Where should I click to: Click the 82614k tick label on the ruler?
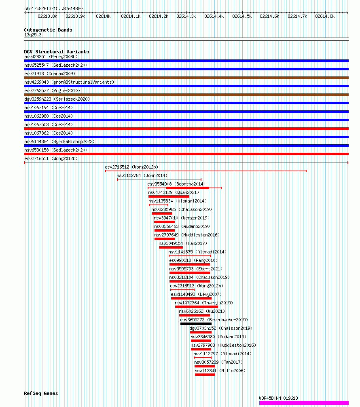pyautogui.click(x=103, y=16)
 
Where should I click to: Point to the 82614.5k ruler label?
pyautogui.click(x=242, y=16)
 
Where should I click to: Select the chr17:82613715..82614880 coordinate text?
pyautogui.click(x=53, y=8)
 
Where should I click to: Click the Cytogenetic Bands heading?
pyautogui.click(x=48, y=30)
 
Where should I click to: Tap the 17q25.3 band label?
pyautogui.click(x=33, y=35)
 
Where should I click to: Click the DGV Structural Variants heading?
pyautogui.click(x=56, y=52)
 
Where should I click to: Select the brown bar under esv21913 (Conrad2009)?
pyautogui.click(x=186, y=78)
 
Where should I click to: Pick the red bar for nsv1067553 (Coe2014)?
pyautogui.click(x=186, y=129)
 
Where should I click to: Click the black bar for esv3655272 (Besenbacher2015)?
pyautogui.click(x=196, y=324)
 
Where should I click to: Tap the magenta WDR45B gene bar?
pyautogui.click(x=304, y=403)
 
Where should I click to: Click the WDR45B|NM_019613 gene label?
pyautogui.click(x=278, y=398)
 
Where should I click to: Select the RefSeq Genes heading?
pyautogui.click(x=41, y=393)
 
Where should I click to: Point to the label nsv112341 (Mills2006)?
pyautogui.click(x=220, y=371)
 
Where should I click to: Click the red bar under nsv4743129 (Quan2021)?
pyautogui.click(x=169, y=196)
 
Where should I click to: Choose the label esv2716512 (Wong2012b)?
pyautogui.click(x=131, y=167)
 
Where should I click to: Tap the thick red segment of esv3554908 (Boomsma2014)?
pyautogui.click(x=188, y=188)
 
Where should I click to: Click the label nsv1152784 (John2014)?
pyautogui.click(x=142, y=175)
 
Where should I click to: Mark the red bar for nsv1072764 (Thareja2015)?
pyautogui.click(x=196, y=307)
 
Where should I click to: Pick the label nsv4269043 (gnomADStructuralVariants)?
pyautogui.click(x=69, y=82)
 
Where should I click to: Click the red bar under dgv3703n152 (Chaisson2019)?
pyautogui.click(x=201, y=332)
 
